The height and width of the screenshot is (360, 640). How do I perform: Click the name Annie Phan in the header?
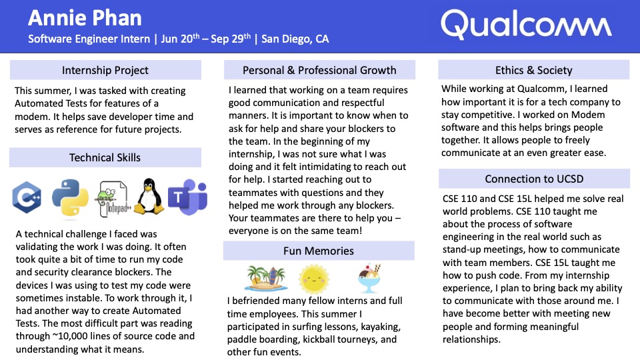[x=85, y=19]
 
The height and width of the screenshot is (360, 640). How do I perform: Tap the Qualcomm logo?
[x=526, y=25]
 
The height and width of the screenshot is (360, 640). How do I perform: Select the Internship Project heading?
[x=105, y=70]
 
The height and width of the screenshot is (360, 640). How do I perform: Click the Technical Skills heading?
[x=105, y=157]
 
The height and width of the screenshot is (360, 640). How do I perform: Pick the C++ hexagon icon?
[x=27, y=197]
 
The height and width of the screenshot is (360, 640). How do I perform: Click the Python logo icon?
[x=70, y=197]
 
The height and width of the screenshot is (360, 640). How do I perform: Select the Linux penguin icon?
[x=149, y=196]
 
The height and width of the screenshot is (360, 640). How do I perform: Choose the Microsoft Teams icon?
[x=188, y=197]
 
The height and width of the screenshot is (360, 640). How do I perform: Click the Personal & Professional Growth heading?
[x=319, y=70]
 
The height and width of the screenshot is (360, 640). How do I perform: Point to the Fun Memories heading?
[x=319, y=251]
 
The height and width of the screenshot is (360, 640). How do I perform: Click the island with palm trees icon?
[x=266, y=279]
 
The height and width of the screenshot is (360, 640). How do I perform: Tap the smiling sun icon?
[x=313, y=279]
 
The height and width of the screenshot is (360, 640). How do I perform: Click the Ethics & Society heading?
[x=534, y=70]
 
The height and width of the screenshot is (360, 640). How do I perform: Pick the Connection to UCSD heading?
[x=534, y=179]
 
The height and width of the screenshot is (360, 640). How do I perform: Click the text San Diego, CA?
[x=295, y=39]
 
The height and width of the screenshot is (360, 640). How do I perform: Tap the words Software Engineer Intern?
[x=89, y=39]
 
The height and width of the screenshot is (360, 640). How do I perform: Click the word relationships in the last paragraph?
[x=471, y=339]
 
